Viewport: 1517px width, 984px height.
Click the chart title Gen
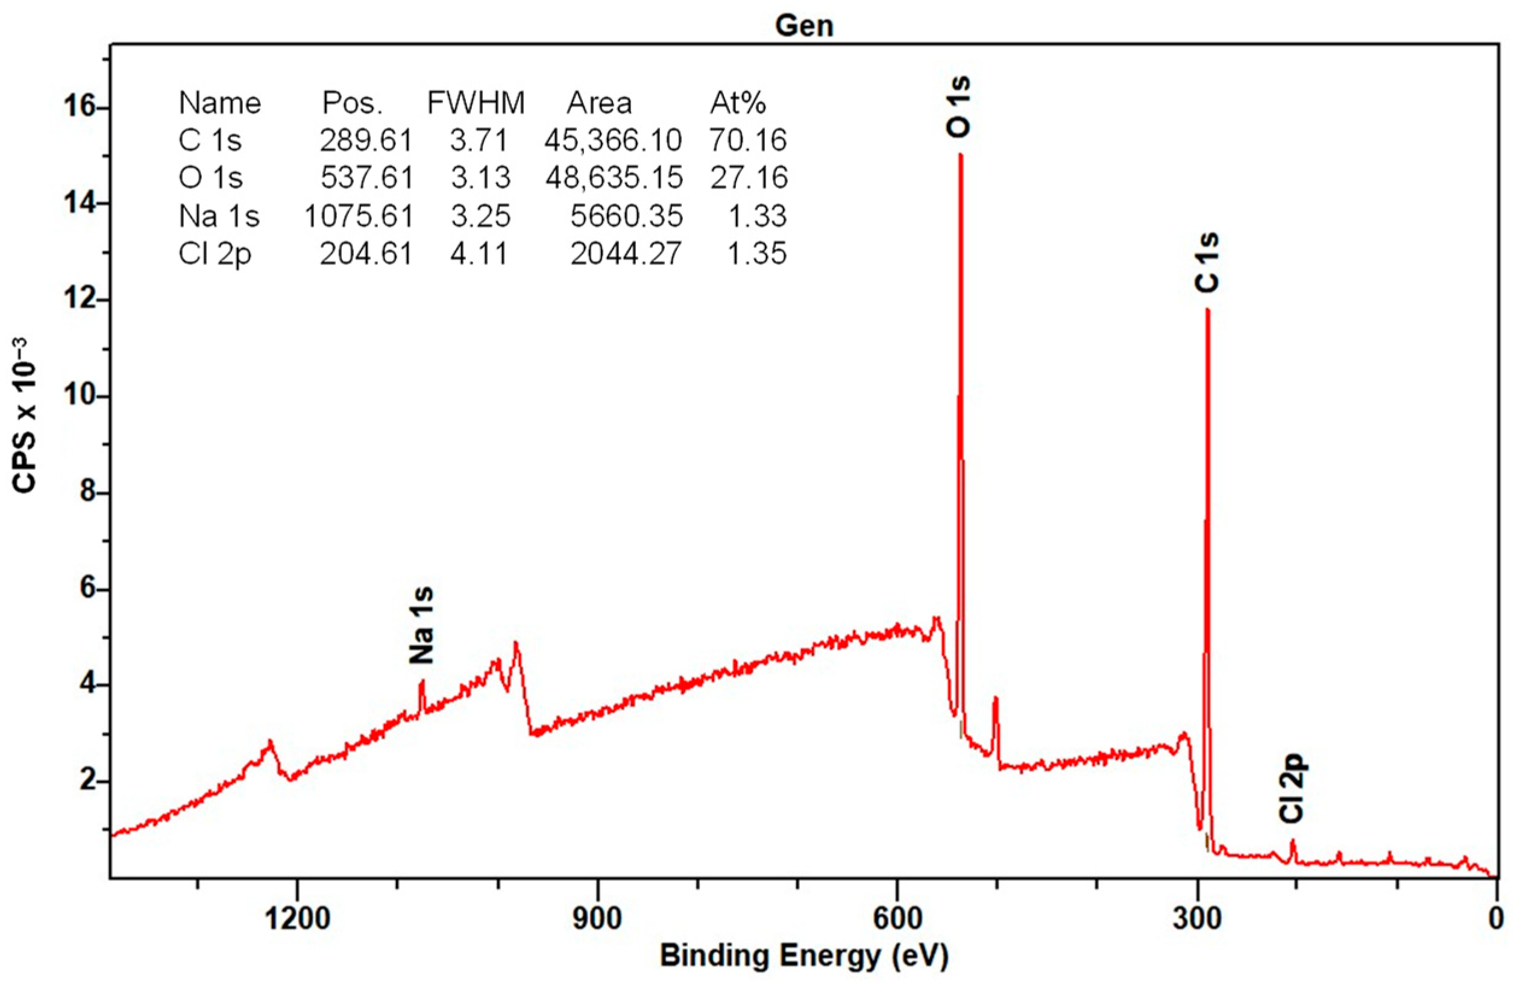coord(804,25)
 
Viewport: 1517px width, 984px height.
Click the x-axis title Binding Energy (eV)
coord(804,955)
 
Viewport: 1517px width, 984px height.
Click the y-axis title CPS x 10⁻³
coord(25,415)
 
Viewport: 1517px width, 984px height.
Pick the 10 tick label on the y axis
coord(79,396)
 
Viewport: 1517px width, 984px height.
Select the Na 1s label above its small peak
coord(422,625)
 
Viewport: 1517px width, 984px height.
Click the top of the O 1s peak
coord(960,155)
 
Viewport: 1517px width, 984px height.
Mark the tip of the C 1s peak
coord(1207,310)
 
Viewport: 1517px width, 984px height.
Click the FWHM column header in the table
coord(476,102)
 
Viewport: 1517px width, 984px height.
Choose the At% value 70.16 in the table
coord(749,140)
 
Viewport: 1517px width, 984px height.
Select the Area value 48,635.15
coord(614,178)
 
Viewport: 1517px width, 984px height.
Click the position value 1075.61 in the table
coord(359,216)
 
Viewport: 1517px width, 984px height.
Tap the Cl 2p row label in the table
coord(215,254)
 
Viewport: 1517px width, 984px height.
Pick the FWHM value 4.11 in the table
coord(479,254)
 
